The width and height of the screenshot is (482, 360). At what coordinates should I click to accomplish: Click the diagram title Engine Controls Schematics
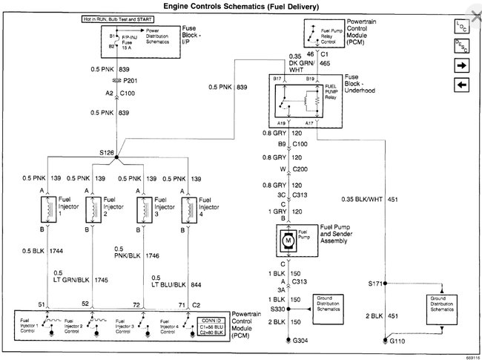click(x=242, y=6)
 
